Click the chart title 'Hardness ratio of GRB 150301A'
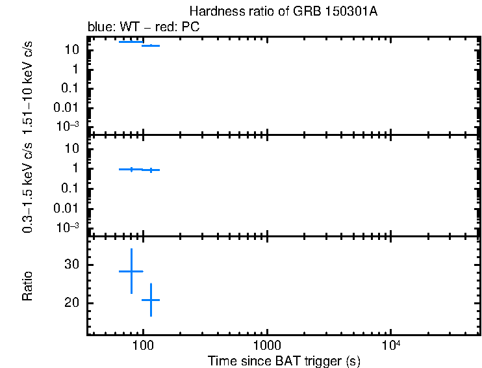(283, 12)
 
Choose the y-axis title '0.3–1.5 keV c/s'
(29, 187)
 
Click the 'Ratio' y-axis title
(29, 286)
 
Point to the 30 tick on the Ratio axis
(71, 265)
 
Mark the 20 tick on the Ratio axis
(71, 303)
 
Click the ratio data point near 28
(131, 271)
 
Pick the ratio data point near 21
(151, 300)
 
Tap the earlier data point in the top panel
(131, 42)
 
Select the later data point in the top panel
(151, 46)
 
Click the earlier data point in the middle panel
(131, 169)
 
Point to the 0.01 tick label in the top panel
(68, 108)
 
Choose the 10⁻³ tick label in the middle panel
(68, 228)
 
